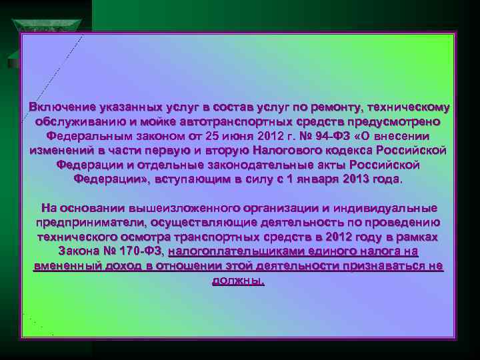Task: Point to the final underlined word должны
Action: [238, 281]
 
